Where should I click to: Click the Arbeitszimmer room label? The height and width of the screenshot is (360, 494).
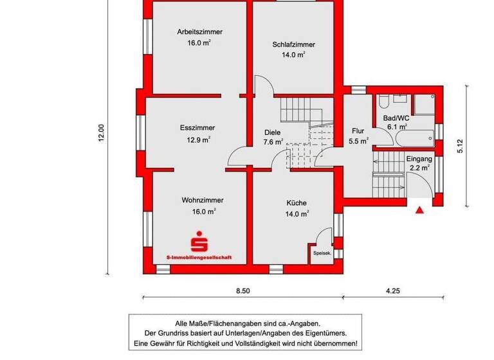[199, 31]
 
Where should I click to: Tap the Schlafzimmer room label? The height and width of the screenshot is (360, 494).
[293, 44]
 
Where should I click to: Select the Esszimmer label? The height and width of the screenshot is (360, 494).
[197, 128]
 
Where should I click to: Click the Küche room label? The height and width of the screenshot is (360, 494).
[297, 203]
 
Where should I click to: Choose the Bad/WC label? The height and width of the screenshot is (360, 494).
[396, 118]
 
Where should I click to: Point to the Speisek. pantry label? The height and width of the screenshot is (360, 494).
[322, 253]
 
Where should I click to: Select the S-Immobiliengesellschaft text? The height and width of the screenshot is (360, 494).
[199, 258]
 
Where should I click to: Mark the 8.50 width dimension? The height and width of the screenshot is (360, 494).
[242, 291]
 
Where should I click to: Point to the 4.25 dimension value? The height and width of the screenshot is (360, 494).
[392, 291]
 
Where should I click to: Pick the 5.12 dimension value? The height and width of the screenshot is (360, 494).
[460, 146]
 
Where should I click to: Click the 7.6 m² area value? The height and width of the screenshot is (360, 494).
[273, 142]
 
